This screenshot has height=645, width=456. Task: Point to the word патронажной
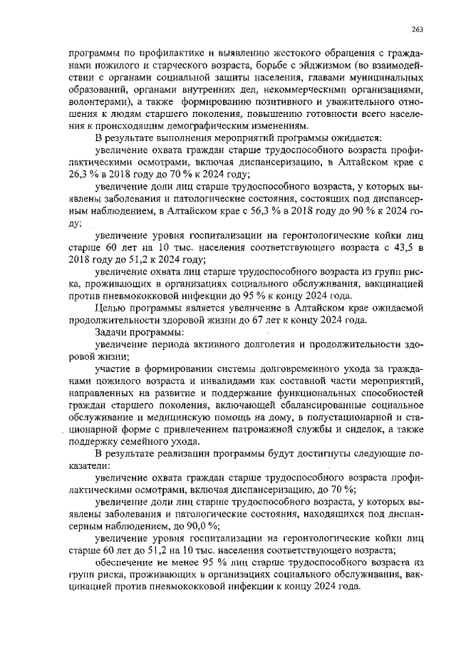pyautogui.click(x=256, y=429)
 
